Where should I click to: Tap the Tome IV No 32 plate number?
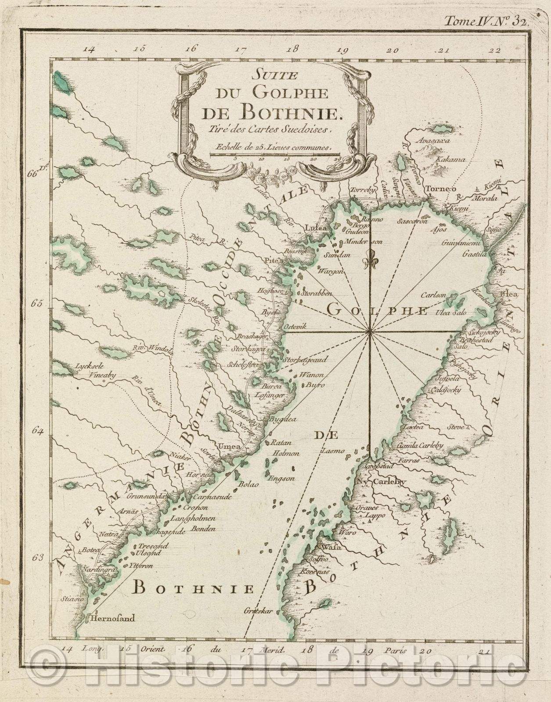tap(487, 20)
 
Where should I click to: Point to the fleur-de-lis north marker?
tap(369, 260)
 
